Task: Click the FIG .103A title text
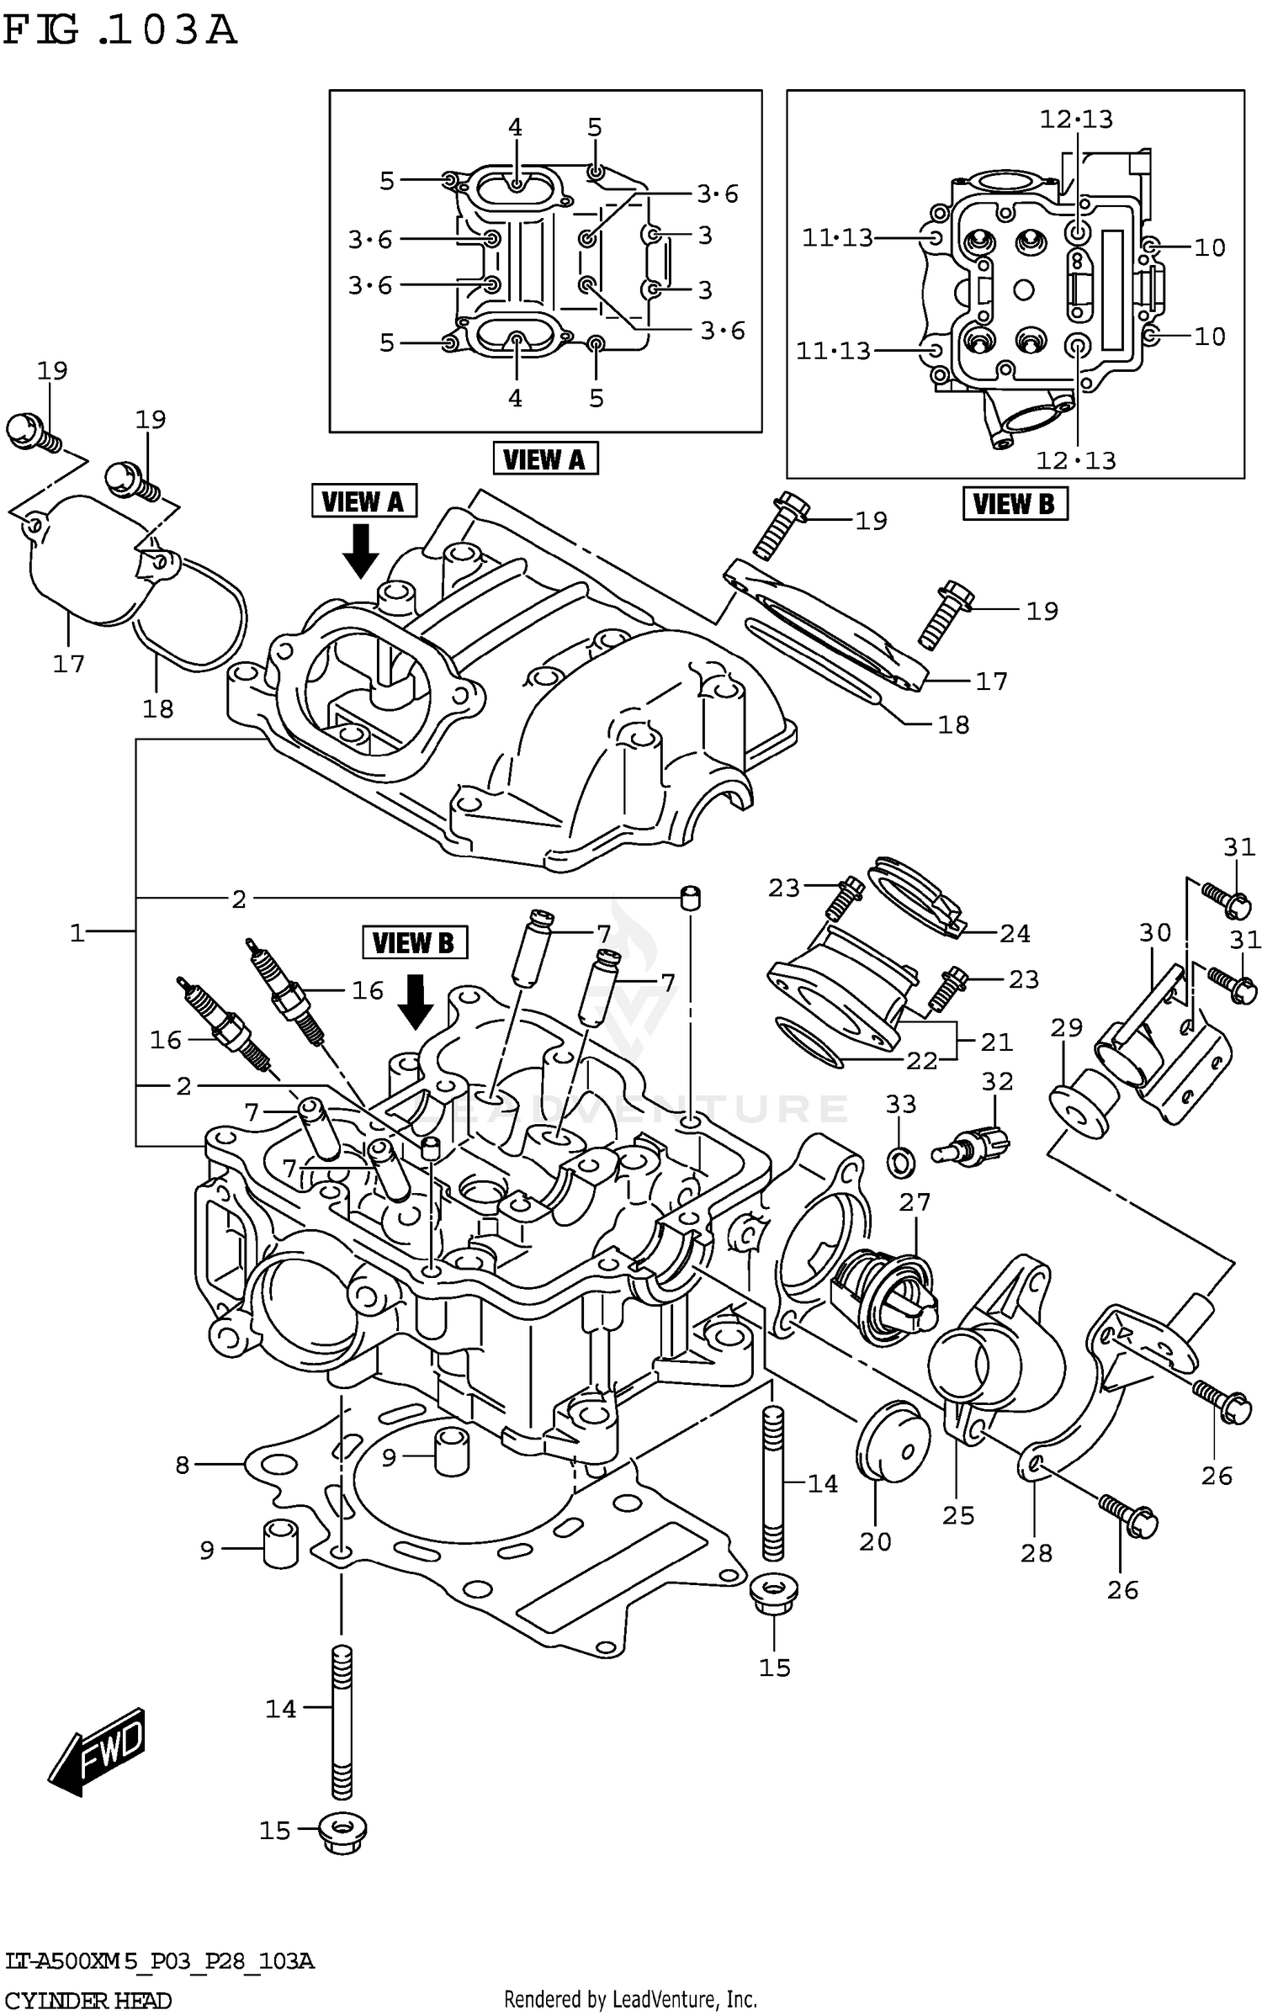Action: pyautogui.click(x=119, y=31)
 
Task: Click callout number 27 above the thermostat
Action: pyautogui.click(x=915, y=1202)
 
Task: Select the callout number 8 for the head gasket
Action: pyautogui.click(x=183, y=1465)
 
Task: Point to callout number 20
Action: pyautogui.click(x=875, y=1541)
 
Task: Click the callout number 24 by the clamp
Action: pyautogui.click(x=1015, y=933)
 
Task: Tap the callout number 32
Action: pyautogui.click(x=998, y=1081)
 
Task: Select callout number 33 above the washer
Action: pyautogui.click(x=900, y=1104)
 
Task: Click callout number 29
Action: pyautogui.click(x=1066, y=1027)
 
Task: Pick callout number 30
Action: pyautogui.click(x=1155, y=932)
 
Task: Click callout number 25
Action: pyautogui.click(x=958, y=1515)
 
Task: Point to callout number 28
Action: pyautogui.click(x=1037, y=1553)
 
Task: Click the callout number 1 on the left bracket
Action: pyautogui.click(x=77, y=932)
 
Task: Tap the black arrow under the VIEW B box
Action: pyautogui.click(x=415, y=1002)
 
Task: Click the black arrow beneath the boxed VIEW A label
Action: pyautogui.click(x=362, y=550)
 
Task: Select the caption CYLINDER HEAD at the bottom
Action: pyautogui.click(x=88, y=2000)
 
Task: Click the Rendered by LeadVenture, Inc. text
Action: pyautogui.click(x=630, y=1998)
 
